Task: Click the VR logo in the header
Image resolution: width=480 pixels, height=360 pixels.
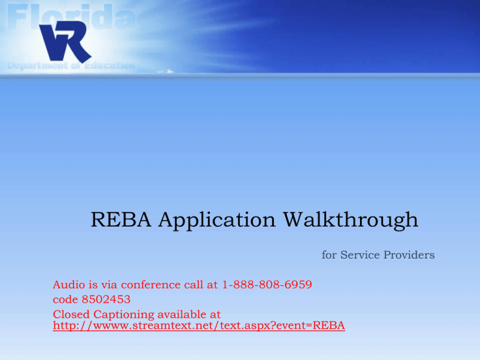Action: click(65, 41)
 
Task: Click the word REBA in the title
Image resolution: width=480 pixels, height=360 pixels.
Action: click(121, 219)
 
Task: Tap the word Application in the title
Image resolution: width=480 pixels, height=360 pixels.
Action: click(217, 220)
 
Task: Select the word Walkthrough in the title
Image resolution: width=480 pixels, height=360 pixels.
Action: click(351, 220)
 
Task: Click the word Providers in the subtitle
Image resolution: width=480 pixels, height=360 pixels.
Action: click(409, 255)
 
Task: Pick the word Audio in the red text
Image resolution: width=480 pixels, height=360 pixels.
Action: click(69, 285)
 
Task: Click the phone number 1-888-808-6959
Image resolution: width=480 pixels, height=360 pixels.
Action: click(267, 285)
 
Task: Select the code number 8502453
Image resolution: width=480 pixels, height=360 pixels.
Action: click(106, 299)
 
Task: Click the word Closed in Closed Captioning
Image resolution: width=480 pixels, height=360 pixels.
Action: click(71, 314)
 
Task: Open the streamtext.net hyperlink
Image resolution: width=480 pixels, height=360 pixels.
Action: click(199, 326)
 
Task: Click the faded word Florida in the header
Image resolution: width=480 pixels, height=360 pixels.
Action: click(71, 16)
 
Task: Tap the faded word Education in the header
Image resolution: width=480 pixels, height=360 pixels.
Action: click(109, 66)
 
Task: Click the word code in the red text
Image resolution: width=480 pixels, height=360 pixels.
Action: click(66, 299)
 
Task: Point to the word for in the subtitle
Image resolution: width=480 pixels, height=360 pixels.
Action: click(329, 255)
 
